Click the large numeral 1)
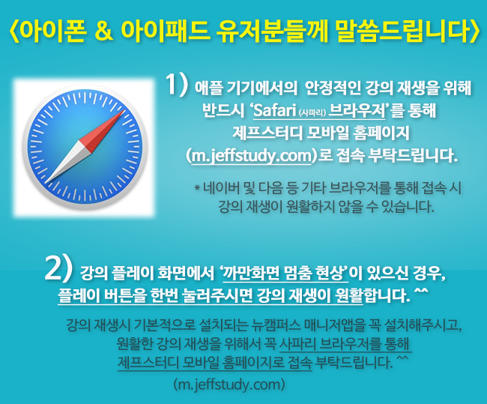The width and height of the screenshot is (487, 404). click(177, 84)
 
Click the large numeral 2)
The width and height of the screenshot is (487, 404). click(58, 268)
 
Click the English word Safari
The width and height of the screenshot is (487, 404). click(274, 111)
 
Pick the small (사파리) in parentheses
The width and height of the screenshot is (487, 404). click(312, 112)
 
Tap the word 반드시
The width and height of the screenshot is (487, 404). click(223, 110)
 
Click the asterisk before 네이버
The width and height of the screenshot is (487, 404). click(197, 187)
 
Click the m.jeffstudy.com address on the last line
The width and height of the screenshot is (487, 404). click(229, 385)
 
